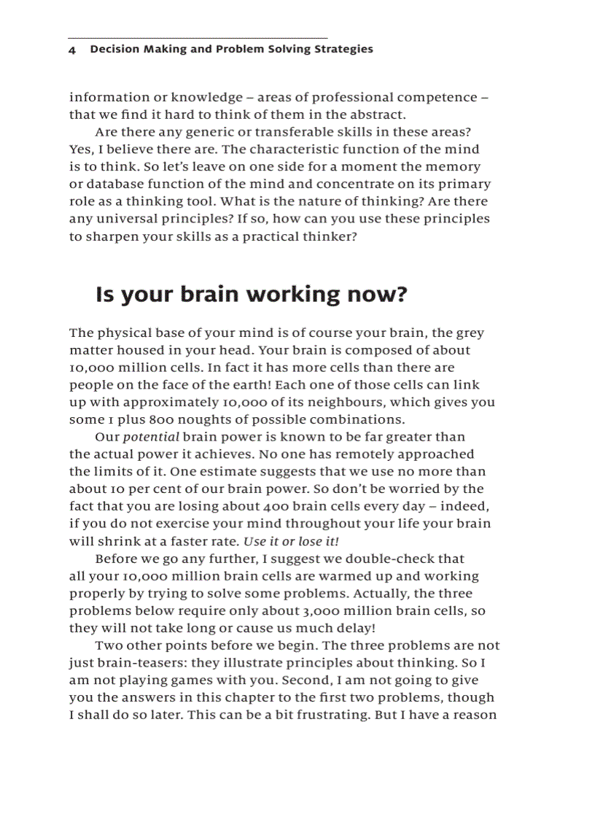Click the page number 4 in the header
point(72,50)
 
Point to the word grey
point(470,333)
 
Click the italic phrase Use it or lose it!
point(291,541)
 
